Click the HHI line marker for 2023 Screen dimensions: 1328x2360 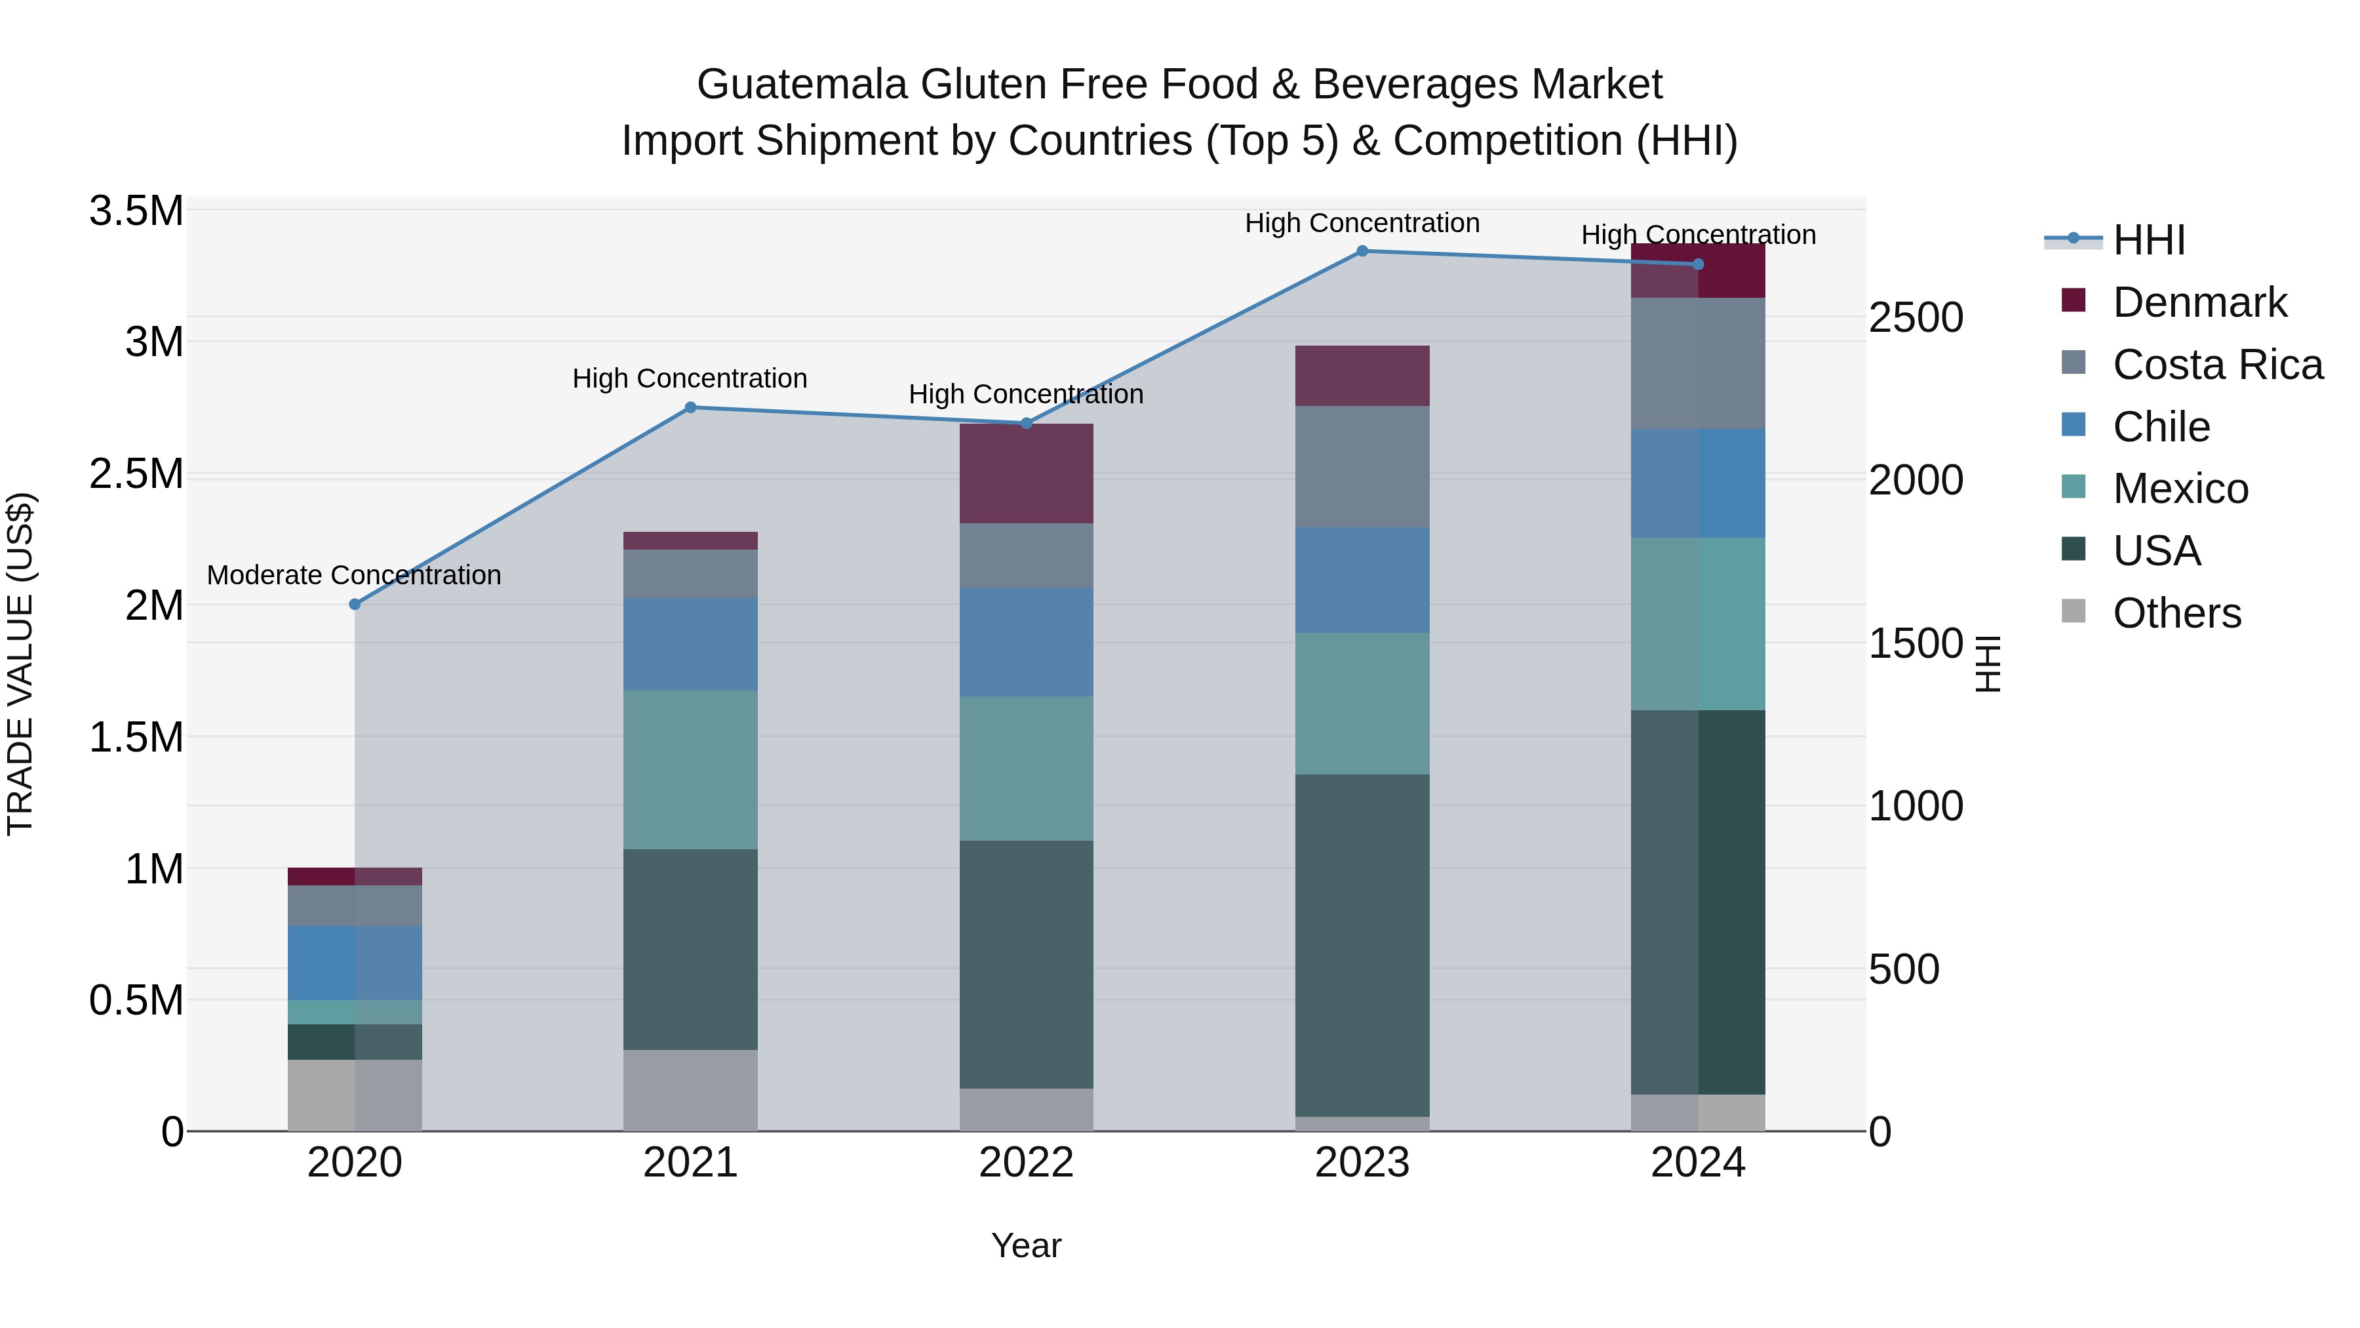click(1362, 251)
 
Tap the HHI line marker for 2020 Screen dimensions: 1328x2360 click(355, 604)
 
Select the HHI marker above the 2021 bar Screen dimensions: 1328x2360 click(691, 408)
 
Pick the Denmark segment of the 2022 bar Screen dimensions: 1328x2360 click(1026, 474)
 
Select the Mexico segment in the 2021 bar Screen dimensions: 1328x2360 click(691, 770)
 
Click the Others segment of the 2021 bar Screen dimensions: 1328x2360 click(691, 1090)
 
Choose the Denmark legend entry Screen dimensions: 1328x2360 click(2199, 302)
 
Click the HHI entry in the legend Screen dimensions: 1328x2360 click(2148, 240)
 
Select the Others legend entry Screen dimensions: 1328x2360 click(2176, 613)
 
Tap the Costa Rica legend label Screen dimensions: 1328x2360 click(2217, 365)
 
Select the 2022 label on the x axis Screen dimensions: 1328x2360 click(1026, 1163)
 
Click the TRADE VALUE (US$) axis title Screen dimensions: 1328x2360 click(20, 664)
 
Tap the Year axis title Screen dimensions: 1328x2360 click(1026, 1245)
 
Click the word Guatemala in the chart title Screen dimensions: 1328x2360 click(802, 85)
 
